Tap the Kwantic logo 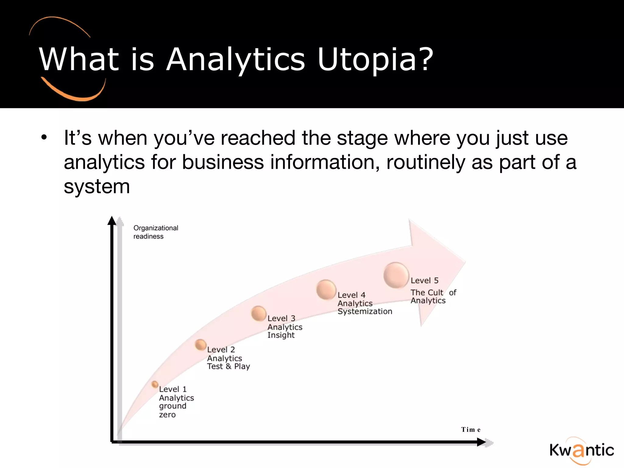coord(581,450)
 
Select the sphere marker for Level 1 coord(155,385)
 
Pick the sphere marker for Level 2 coord(201,345)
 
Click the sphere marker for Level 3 coord(259,314)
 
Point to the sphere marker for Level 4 coord(326,289)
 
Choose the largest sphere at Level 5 coord(396,275)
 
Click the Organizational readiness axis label coord(156,232)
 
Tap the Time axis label coord(471,430)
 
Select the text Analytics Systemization coord(365,307)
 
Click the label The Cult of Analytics coord(433,296)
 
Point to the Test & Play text coord(229,366)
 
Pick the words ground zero coord(172,410)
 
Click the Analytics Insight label coord(285,331)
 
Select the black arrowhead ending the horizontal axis coord(481,442)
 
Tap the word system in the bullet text coord(97,186)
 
